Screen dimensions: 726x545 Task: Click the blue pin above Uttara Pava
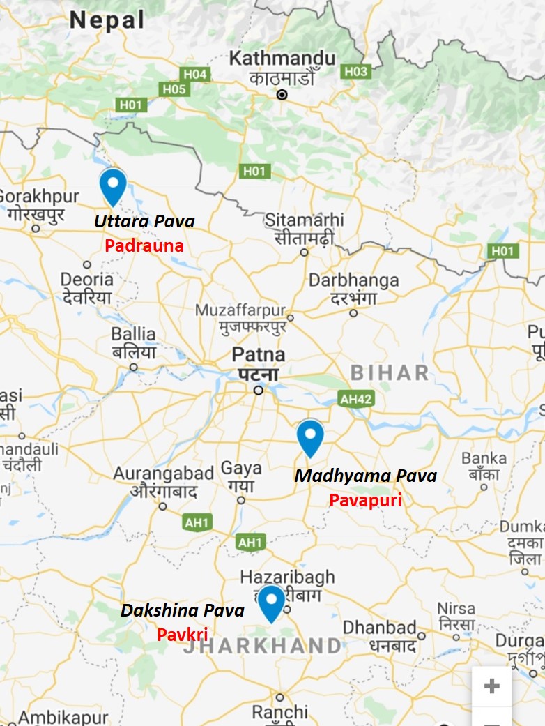click(112, 186)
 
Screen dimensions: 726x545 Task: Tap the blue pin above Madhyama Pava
click(310, 437)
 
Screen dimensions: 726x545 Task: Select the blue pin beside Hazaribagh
click(270, 602)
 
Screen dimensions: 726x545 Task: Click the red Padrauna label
click(144, 245)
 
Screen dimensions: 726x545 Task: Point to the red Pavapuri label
click(365, 500)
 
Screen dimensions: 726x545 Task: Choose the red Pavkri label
click(182, 634)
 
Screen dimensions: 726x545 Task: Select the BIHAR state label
click(390, 372)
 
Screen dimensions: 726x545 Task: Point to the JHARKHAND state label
click(262, 646)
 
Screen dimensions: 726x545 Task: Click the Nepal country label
click(107, 20)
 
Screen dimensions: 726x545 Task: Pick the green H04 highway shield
click(195, 74)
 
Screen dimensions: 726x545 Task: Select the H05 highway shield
click(174, 89)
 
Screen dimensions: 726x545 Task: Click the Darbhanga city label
click(353, 280)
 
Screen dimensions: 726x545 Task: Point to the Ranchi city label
click(280, 712)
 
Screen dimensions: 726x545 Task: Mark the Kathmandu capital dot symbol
click(282, 94)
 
